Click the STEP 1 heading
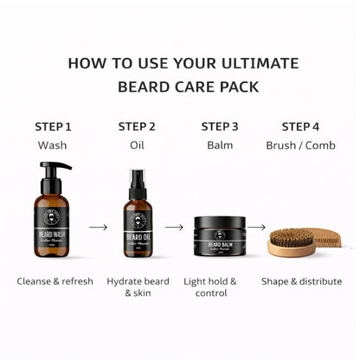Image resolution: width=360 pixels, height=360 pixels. (53, 126)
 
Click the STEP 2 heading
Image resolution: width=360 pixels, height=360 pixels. (137, 126)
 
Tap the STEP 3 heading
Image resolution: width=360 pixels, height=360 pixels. (220, 126)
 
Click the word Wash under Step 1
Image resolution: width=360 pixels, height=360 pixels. (53, 145)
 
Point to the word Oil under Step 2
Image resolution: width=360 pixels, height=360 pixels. (137, 145)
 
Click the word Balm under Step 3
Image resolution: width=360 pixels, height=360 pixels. (220, 145)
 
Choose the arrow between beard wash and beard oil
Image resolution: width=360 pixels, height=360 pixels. (97, 228)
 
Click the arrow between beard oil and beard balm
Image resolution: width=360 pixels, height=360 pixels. (175, 228)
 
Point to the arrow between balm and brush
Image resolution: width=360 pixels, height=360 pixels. (256, 228)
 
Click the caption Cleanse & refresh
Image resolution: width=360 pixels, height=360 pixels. (54, 281)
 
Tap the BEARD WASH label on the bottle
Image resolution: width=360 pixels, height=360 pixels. (54, 235)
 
